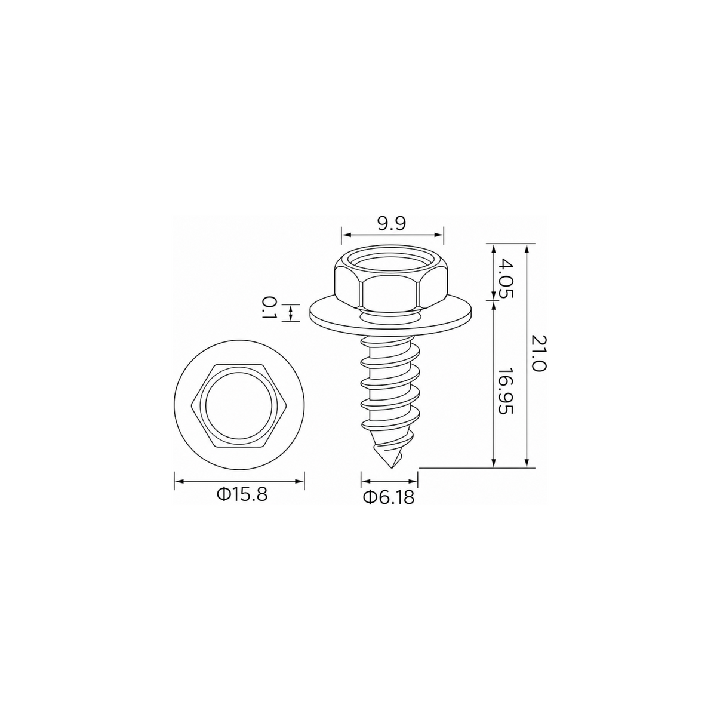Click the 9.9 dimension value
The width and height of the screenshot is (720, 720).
(x=391, y=224)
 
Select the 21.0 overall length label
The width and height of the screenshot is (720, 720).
(x=539, y=353)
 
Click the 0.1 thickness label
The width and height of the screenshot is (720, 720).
(x=269, y=307)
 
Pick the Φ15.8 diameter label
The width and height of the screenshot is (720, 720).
(x=242, y=496)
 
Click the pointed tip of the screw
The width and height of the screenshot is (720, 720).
(x=391, y=467)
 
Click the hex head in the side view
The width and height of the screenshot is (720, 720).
(x=392, y=279)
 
